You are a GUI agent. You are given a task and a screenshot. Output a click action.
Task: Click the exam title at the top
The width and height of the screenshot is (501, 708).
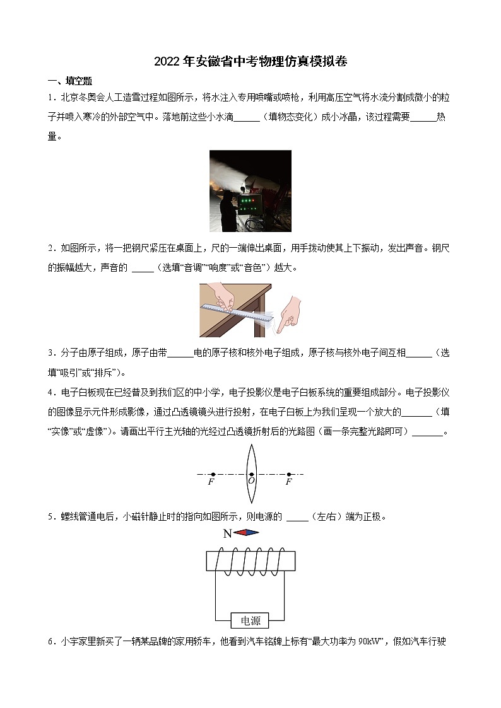250,62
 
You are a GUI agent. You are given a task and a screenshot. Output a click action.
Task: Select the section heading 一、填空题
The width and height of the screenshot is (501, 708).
70,81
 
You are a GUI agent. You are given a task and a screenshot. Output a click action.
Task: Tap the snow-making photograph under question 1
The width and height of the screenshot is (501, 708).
250,191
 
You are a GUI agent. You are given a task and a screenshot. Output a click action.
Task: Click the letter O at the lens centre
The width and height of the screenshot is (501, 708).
251,481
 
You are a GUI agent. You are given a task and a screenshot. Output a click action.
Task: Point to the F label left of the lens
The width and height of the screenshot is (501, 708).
211,482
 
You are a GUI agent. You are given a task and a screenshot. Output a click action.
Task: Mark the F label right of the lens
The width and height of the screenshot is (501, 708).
288,482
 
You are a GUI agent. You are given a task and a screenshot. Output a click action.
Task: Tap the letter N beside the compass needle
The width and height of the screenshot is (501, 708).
227,533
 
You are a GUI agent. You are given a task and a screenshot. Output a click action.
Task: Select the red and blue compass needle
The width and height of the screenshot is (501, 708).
246,533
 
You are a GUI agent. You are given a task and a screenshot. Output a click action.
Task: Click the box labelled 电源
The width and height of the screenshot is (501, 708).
250,620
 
